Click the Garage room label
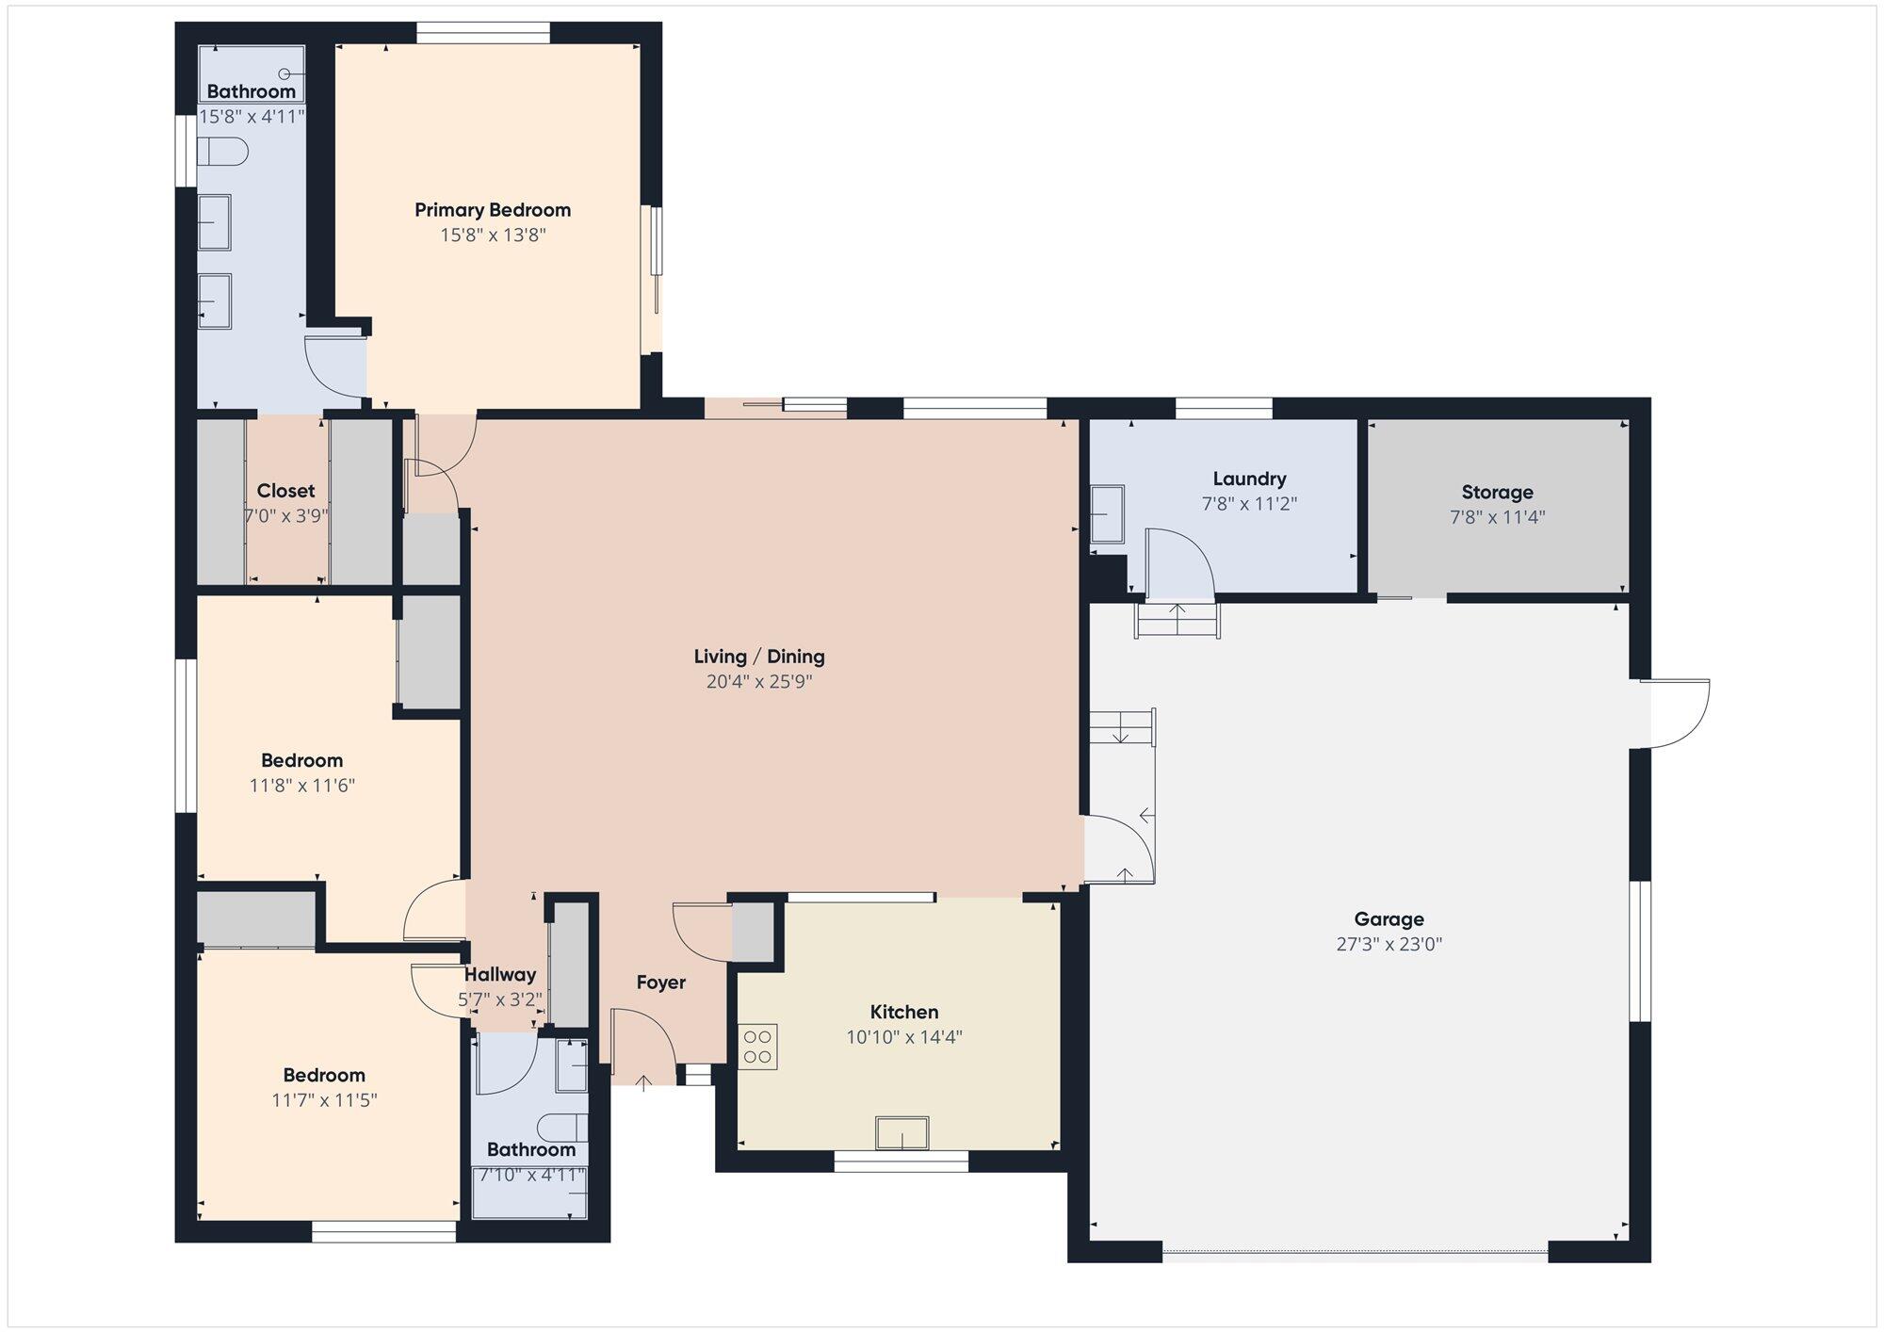click(x=1389, y=918)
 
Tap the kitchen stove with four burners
click(x=758, y=1047)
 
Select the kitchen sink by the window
click(x=901, y=1132)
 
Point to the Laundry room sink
click(x=1107, y=514)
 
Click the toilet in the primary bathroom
click(x=222, y=152)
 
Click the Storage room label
click(x=1497, y=492)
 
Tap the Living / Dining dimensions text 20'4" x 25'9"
click(x=759, y=681)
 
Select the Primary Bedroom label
click(x=493, y=210)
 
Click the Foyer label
click(x=660, y=983)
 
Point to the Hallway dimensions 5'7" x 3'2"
click(x=500, y=999)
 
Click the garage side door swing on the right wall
click(x=1675, y=713)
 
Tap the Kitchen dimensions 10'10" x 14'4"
click(x=904, y=1037)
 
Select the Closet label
click(x=285, y=491)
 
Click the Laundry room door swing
click(x=1178, y=562)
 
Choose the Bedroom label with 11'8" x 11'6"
click(x=301, y=760)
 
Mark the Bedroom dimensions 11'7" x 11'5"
click(x=324, y=1099)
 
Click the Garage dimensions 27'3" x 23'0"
click(x=1389, y=944)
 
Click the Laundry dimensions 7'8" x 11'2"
click(x=1249, y=504)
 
